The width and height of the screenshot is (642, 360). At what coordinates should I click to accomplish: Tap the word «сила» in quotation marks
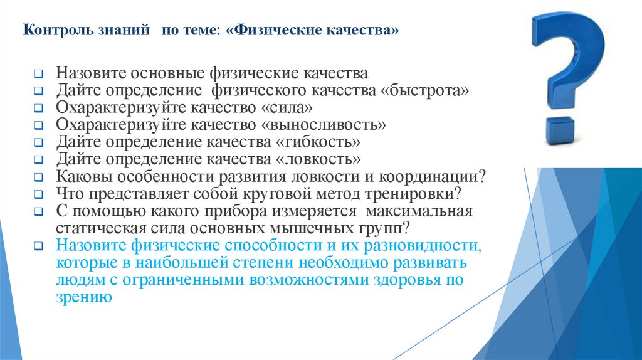(287, 107)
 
